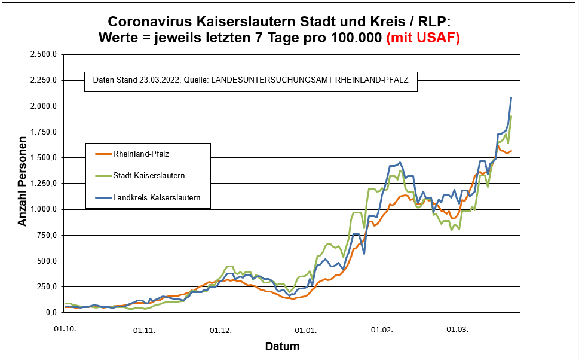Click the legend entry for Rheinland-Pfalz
click(132, 154)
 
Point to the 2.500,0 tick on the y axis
click(43, 54)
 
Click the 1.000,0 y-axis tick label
click(43, 209)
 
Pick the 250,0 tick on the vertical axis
click(46, 286)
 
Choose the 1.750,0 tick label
click(43, 132)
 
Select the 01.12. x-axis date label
click(220, 330)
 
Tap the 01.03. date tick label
click(457, 330)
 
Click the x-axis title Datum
click(282, 347)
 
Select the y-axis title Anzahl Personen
click(23, 184)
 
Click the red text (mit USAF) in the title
click(423, 37)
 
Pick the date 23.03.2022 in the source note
click(157, 80)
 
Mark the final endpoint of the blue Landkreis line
click(511, 97)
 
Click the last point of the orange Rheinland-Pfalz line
click(511, 151)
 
